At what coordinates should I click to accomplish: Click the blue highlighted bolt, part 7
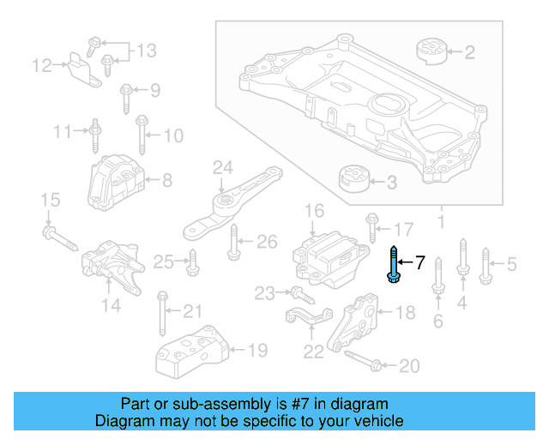pos(393,264)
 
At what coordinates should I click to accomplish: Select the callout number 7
pos(420,262)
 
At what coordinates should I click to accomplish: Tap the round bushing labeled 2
pos(434,51)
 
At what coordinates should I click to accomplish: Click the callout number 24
pos(223,166)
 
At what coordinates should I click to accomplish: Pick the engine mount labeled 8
pos(116,182)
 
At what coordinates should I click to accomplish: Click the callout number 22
pos(314,351)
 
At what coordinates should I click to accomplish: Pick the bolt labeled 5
pos(486,264)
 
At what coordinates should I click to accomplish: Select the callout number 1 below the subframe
pos(441,225)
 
